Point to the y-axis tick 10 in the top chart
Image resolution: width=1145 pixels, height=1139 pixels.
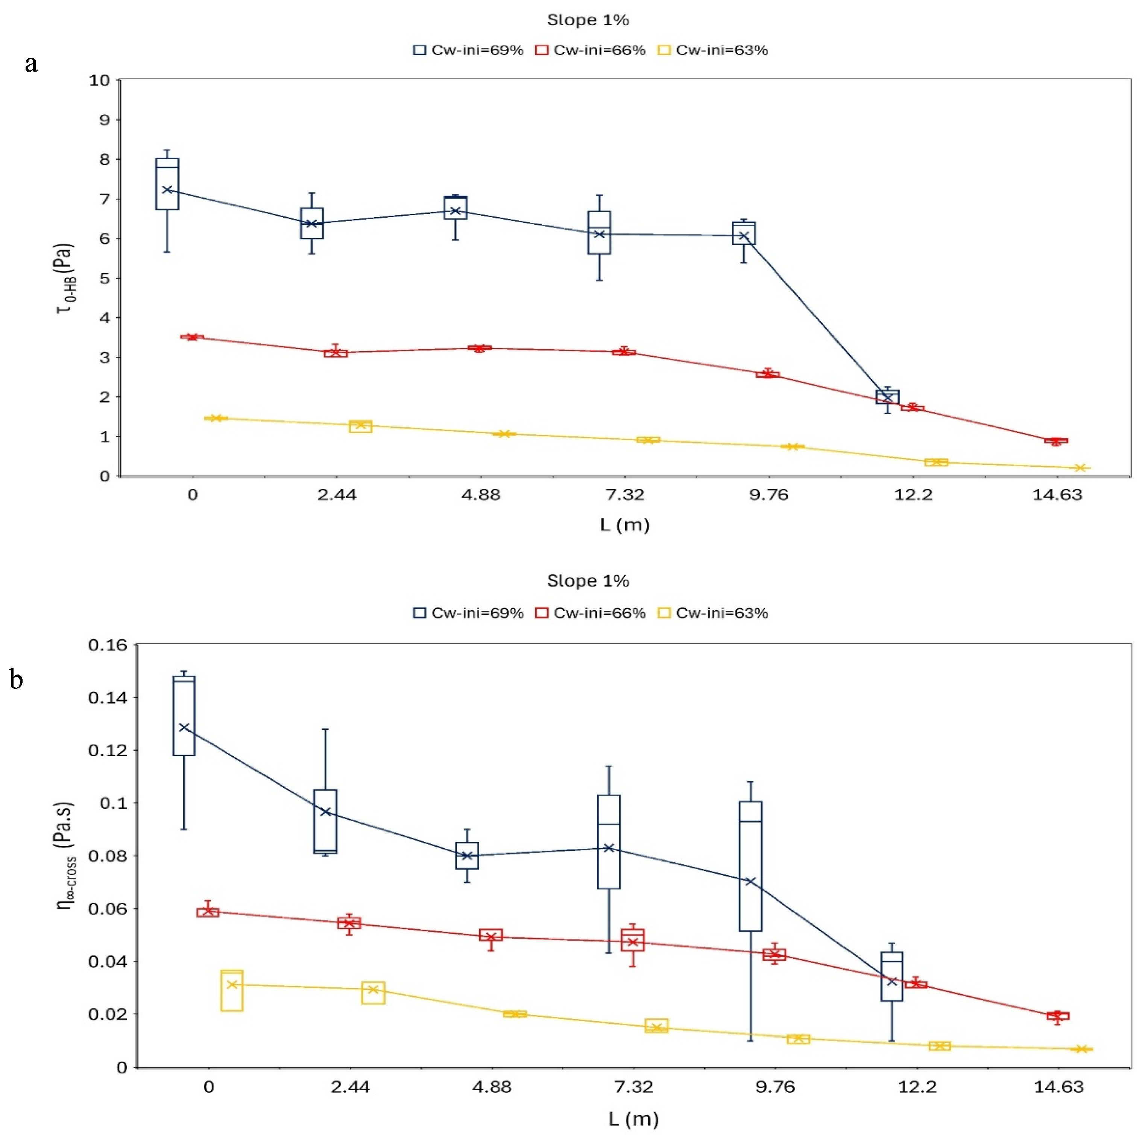[x=100, y=80]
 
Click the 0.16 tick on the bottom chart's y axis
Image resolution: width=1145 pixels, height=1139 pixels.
[x=108, y=644]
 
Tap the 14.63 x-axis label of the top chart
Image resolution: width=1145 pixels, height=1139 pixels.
[x=1057, y=495]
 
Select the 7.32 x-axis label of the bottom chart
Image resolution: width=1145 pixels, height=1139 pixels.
[x=633, y=1087]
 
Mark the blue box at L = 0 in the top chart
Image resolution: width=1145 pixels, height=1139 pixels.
[x=167, y=184]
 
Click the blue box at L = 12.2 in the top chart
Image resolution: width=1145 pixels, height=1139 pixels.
[x=887, y=397]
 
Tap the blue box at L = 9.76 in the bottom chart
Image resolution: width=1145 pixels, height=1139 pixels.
[x=750, y=866]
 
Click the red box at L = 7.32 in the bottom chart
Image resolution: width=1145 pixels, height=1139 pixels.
[x=633, y=940]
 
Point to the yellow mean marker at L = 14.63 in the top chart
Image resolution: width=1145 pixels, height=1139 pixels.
[x=1080, y=468]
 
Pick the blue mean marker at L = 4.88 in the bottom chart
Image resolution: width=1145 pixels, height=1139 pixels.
[x=467, y=856]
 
